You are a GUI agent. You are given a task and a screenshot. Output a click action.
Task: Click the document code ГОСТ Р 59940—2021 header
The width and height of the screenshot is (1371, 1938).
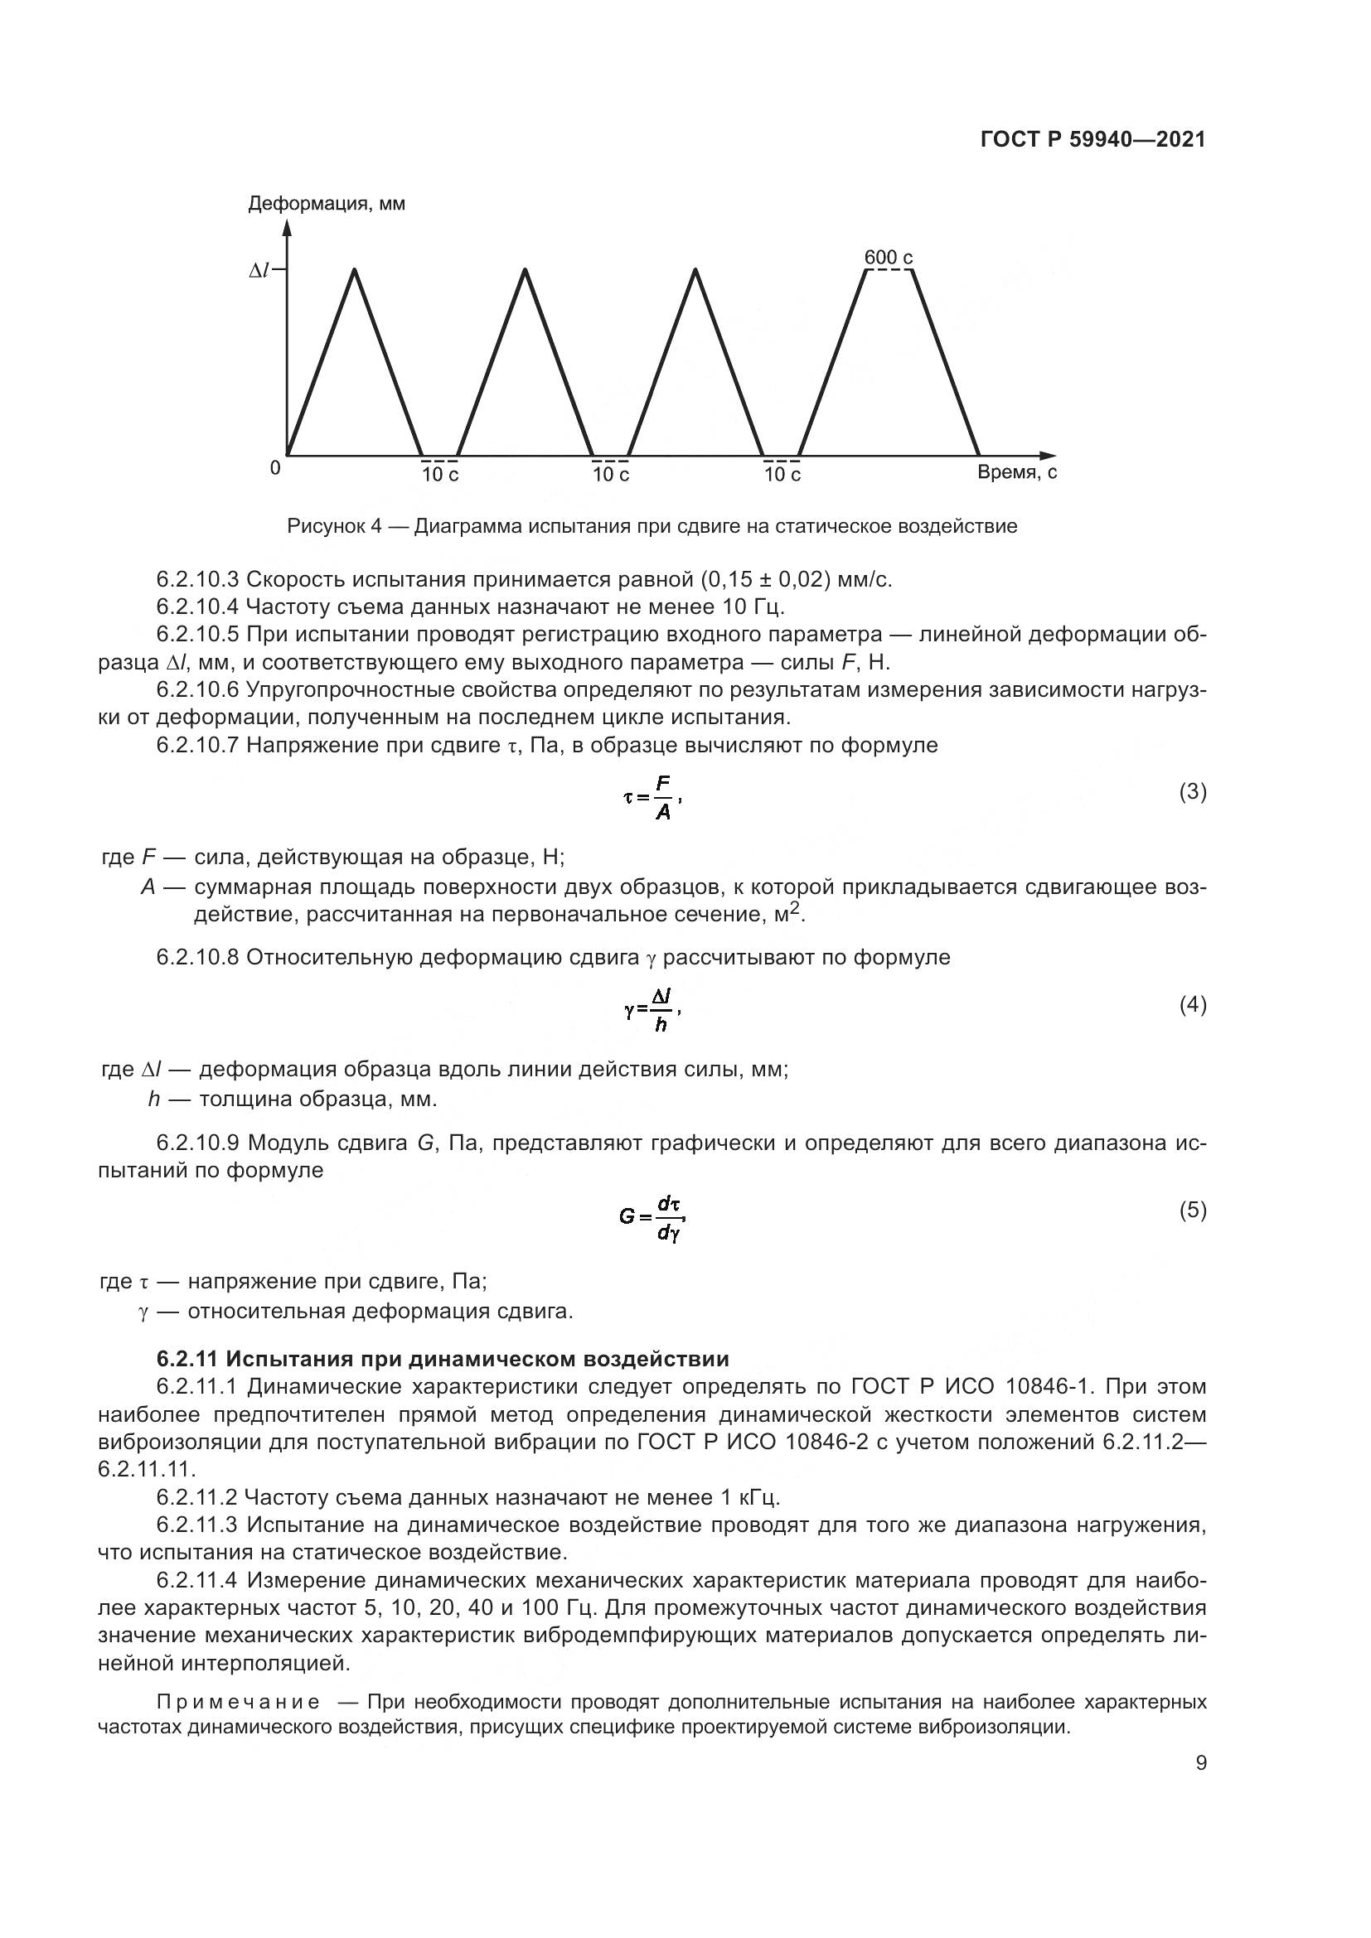(x=1092, y=140)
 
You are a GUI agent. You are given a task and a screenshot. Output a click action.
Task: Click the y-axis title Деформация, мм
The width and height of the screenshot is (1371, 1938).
(x=326, y=205)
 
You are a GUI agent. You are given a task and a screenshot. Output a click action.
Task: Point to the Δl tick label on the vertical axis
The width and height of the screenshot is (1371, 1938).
(x=259, y=270)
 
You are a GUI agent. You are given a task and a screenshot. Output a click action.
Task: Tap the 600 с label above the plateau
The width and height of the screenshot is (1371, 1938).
(x=888, y=258)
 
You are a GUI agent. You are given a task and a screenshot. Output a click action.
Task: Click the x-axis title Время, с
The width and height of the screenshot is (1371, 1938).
(x=1016, y=472)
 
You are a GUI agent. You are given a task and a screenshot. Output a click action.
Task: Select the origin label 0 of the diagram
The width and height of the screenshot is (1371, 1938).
(x=275, y=467)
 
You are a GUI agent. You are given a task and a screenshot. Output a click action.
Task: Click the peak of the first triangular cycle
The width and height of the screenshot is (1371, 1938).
(x=355, y=270)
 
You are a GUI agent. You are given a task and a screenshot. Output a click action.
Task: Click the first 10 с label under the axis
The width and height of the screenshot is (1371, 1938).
(x=440, y=476)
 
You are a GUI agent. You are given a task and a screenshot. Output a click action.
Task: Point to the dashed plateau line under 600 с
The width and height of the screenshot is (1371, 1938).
(x=889, y=269)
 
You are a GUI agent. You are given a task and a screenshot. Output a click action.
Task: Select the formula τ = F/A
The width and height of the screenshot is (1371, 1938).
(x=652, y=798)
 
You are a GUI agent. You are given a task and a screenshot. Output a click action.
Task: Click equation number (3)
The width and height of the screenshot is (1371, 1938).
(x=1192, y=792)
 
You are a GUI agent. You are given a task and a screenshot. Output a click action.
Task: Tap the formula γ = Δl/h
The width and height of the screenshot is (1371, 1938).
(x=652, y=1010)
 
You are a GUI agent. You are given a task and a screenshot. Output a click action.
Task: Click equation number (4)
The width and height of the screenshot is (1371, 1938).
(x=1192, y=1004)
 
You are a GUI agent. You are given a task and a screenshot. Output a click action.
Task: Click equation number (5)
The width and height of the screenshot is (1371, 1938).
(x=1192, y=1211)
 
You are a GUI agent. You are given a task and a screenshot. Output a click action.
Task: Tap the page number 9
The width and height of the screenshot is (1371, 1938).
(x=1200, y=1763)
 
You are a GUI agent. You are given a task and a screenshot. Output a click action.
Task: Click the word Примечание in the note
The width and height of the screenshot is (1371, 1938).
(x=238, y=1701)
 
